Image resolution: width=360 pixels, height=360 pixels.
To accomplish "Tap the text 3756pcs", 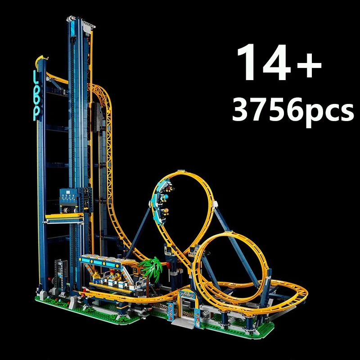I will point(292,110).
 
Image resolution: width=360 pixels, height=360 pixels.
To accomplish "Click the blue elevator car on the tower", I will point(72,200).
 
